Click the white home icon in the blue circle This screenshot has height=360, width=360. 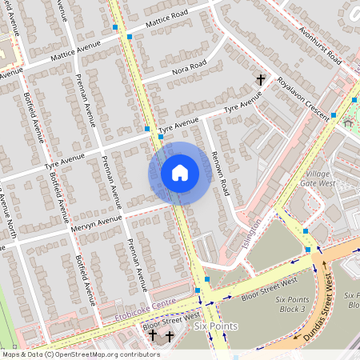180,173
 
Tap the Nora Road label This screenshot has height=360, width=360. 188,69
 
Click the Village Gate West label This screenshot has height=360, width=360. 321,178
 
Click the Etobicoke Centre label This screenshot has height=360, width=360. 145,305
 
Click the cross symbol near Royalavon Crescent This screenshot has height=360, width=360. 260,79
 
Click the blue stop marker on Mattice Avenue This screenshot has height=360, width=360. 115,28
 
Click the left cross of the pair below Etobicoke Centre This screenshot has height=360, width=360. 154,335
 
